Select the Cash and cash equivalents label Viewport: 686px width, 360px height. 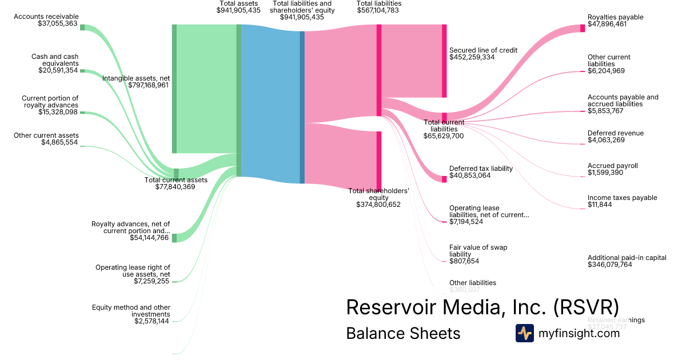click(54, 60)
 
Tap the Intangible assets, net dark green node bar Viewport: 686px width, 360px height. click(174, 89)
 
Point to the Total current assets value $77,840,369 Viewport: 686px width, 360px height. click(176, 187)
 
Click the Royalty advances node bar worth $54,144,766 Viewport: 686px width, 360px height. click(174, 238)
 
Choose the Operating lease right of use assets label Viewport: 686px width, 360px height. click(133, 271)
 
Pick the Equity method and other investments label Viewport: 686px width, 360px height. click(131, 311)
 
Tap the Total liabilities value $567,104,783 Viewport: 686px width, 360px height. click(379, 10)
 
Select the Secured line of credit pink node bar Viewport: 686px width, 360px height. click(444, 61)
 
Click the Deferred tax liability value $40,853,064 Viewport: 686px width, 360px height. click(477, 176)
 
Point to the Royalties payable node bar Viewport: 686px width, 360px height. click(583, 28)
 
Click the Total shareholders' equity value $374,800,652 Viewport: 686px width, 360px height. click(378, 205)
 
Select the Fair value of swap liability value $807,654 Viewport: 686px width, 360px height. click(464, 261)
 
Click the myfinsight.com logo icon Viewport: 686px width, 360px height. click(524, 333)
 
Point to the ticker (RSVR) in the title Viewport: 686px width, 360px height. click(585, 307)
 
